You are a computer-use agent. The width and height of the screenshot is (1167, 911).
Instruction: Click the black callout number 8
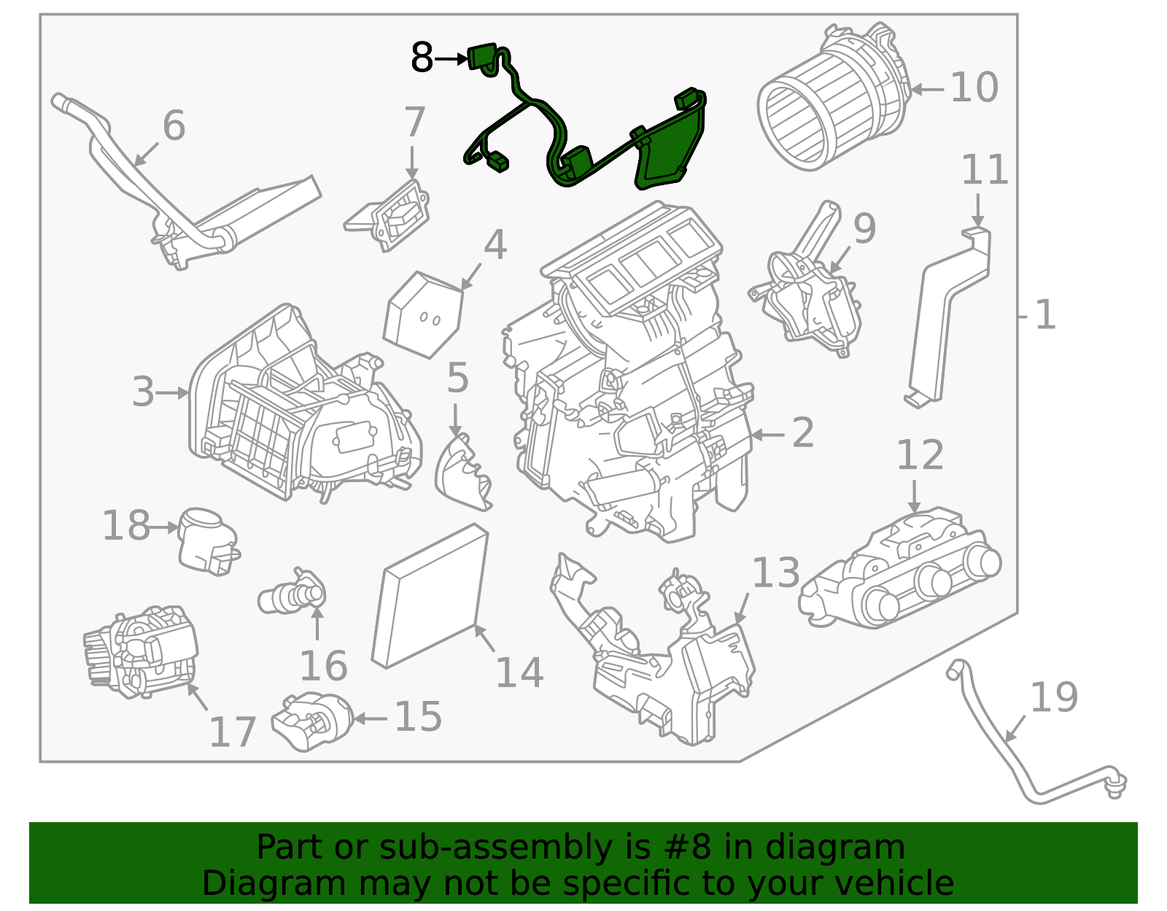click(x=422, y=58)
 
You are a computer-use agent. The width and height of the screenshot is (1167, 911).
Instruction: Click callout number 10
click(x=974, y=88)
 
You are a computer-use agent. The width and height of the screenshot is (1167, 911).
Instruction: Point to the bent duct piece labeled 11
click(x=948, y=314)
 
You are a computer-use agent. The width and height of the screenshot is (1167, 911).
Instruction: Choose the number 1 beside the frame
click(x=1045, y=315)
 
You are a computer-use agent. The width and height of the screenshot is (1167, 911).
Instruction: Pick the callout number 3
click(x=144, y=392)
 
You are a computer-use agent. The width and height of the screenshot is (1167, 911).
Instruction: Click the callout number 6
click(x=174, y=125)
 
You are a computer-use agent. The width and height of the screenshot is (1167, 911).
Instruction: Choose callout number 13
click(x=775, y=573)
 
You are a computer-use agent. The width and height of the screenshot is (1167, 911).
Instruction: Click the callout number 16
click(x=323, y=666)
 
